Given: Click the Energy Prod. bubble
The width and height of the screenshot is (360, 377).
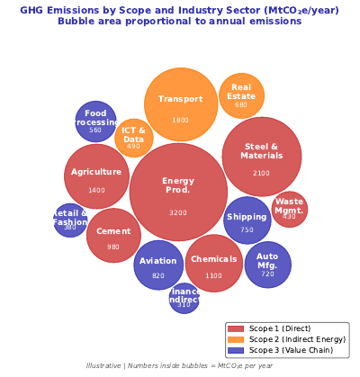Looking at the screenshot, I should tap(178, 193).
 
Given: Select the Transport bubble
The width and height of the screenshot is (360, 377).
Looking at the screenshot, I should tap(181, 105).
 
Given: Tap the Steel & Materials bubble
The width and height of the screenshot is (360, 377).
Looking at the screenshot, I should tap(262, 156).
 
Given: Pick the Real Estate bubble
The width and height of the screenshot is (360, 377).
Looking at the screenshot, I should tap(241, 96).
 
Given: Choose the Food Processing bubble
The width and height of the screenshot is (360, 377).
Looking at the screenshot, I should tap(95, 121).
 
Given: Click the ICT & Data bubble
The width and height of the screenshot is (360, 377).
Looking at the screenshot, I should tap(134, 138).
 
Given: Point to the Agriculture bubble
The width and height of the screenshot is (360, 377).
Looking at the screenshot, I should tap(96, 176).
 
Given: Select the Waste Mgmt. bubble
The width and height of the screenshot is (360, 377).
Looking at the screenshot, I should tap(290, 210).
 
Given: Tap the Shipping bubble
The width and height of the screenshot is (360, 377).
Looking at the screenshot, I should tap(247, 220).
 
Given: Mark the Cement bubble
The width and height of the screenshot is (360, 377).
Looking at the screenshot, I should tap(113, 236).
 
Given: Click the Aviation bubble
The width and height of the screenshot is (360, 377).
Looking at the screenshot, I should tap(158, 265).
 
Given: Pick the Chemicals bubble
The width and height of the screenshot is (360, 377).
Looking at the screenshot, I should tap(214, 264).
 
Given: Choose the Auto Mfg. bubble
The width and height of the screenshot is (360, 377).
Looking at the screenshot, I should tap(268, 265).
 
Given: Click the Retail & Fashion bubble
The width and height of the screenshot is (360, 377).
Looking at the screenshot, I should tap(70, 220).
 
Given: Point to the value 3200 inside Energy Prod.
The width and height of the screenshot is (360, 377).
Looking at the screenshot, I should tap(178, 213).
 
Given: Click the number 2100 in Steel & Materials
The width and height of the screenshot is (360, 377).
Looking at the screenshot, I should tap(261, 174).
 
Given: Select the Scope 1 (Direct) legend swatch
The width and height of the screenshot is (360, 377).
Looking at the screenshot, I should tap(236, 328).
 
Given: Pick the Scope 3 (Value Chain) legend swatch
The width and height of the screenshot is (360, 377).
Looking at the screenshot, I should tap(236, 350).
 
